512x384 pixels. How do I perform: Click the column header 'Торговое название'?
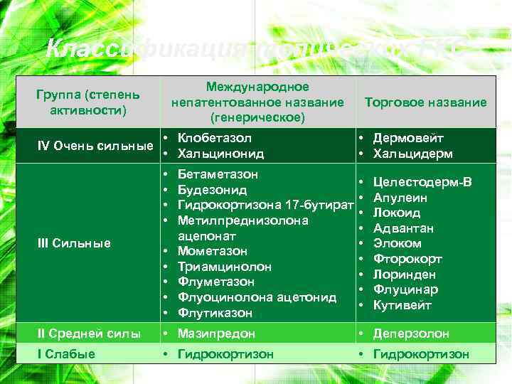pyautogui.click(x=425, y=102)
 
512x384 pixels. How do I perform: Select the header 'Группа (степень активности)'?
pyautogui.click(x=88, y=102)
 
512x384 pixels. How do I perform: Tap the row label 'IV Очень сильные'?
pyautogui.click(x=95, y=146)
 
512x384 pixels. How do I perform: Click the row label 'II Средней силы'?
pyautogui.click(x=89, y=334)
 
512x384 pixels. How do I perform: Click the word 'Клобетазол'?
pyautogui.click(x=214, y=139)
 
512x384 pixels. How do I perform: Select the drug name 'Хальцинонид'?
pyautogui.click(x=220, y=154)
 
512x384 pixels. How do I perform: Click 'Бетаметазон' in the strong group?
pyautogui.click(x=218, y=174)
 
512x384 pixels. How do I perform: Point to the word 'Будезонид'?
pyautogui.click(x=212, y=190)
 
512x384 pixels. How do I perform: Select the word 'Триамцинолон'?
pyautogui.click(x=224, y=267)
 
